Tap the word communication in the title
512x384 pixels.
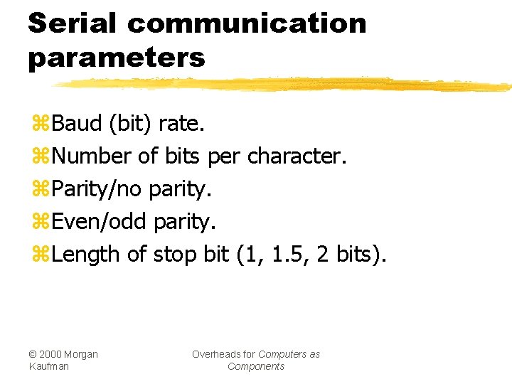(x=247, y=23)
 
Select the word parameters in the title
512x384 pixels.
(x=117, y=57)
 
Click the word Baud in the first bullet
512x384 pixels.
(x=77, y=124)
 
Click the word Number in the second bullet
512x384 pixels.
(x=91, y=156)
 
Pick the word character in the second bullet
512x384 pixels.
(x=297, y=156)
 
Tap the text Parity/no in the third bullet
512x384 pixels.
(x=97, y=189)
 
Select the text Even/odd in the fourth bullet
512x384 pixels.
(x=100, y=222)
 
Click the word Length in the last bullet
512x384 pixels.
(x=85, y=254)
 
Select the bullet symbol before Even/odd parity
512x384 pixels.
(x=40, y=223)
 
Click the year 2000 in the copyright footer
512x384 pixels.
(x=51, y=354)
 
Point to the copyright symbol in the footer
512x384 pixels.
(x=33, y=354)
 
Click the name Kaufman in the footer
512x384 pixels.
(x=49, y=366)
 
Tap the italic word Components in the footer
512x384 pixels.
(x=256, y=366)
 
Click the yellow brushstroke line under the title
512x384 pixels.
(x=284, y=85)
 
